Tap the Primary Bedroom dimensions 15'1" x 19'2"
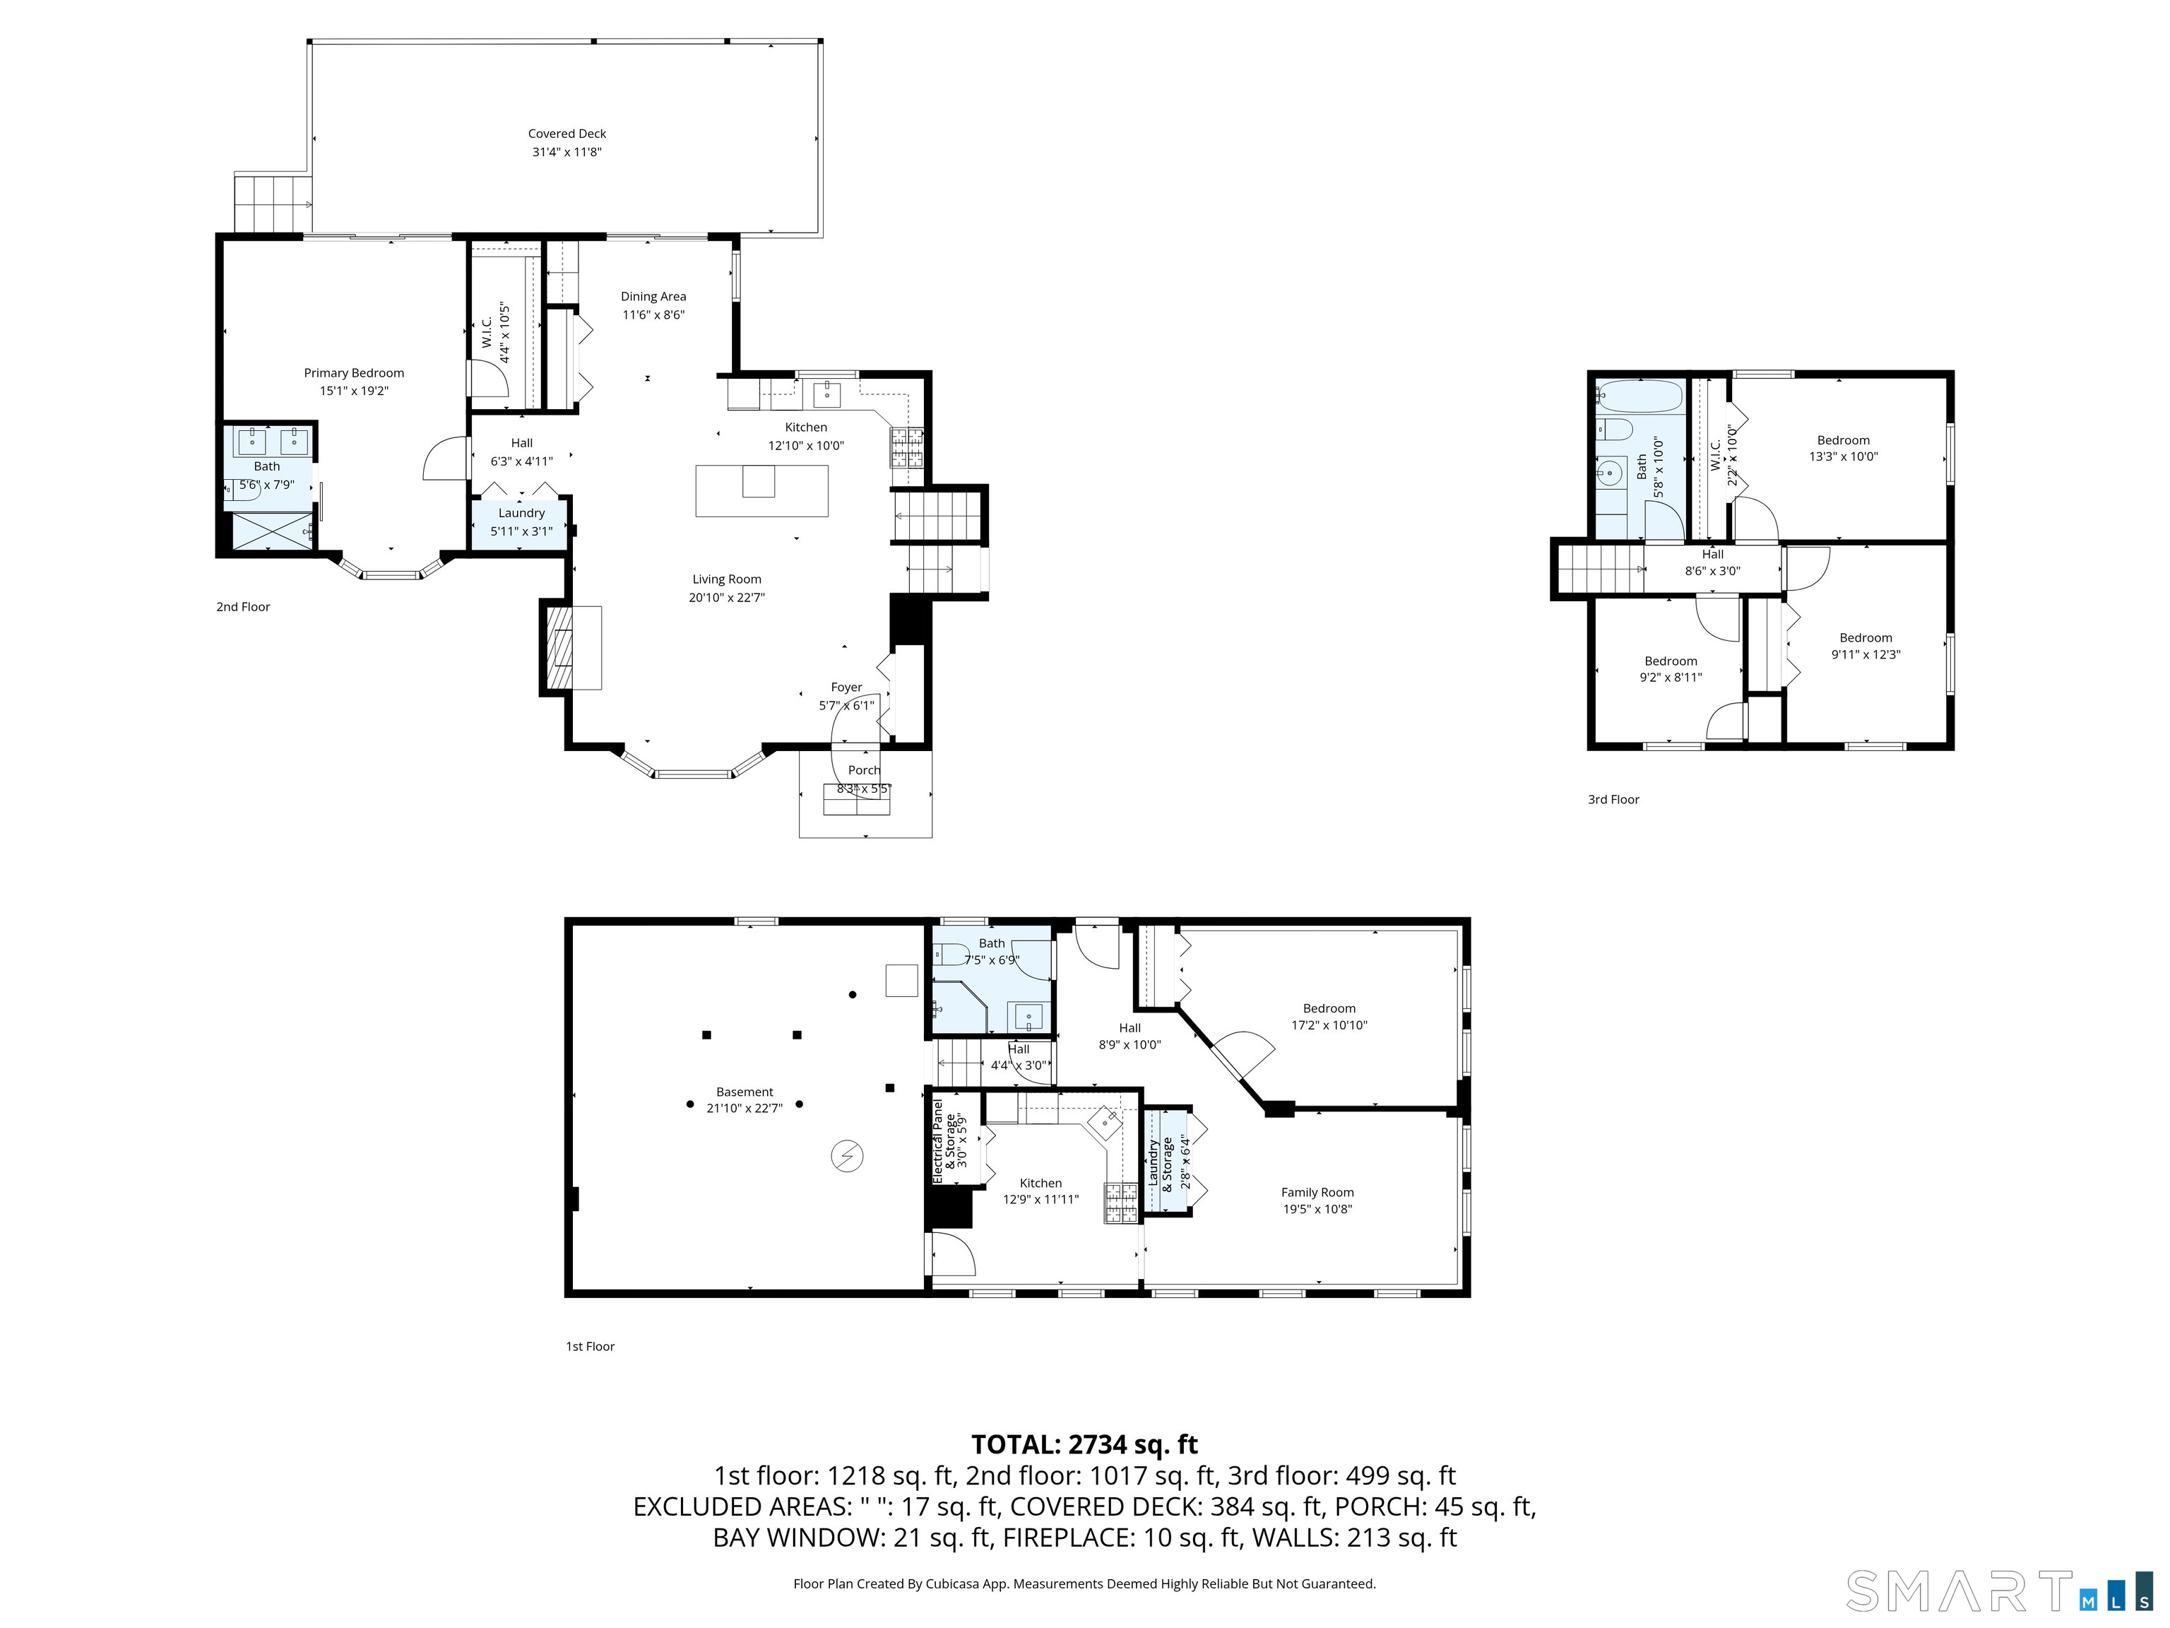click(x=353, y=391)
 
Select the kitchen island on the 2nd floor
click(x=761, y=490)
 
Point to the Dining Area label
click(x=653, y=296)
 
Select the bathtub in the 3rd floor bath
click(x=1637, y=397)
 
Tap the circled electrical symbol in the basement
click(x=847, y=1157)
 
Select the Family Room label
click(x=1317, y=1192)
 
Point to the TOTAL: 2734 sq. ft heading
click(x=1084, y=1444)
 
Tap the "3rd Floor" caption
click(x=1613, y=800)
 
